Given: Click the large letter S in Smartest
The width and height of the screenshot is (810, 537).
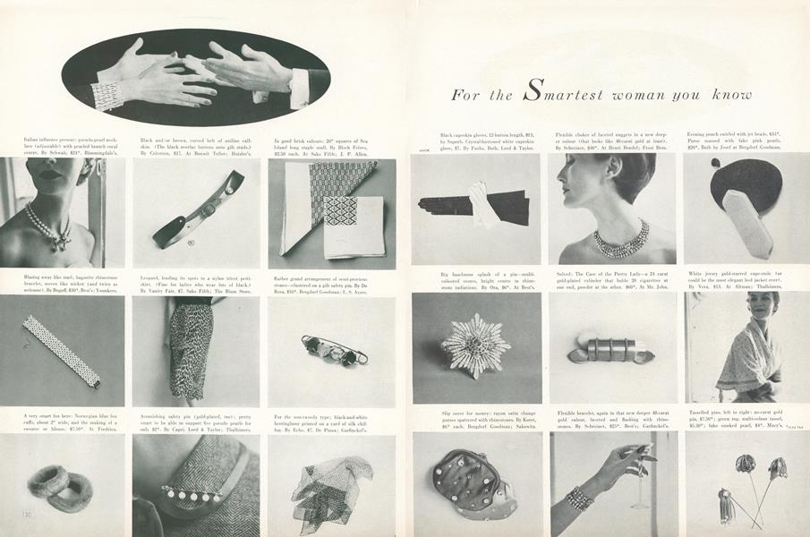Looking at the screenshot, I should (532, 89).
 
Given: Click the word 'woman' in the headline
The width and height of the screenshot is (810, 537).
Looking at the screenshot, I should (644, 95).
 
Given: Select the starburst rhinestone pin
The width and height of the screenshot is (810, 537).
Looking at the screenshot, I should (474, 345).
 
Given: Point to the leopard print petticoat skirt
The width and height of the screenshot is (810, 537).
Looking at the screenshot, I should (192, 350).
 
